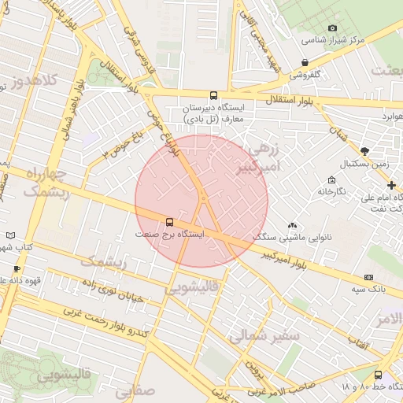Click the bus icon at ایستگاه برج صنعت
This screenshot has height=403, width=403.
(169, 221)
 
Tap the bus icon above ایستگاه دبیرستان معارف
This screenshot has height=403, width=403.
(214, 95)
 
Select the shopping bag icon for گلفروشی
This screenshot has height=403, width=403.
(305, 63)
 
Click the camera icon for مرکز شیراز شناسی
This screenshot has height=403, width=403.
(331, 28)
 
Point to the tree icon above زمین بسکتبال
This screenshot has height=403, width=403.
(364, 151)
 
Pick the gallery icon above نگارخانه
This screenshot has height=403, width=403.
(331, 179)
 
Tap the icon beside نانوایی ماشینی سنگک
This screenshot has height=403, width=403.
(292, 225)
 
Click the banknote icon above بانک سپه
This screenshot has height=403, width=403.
(368, 277)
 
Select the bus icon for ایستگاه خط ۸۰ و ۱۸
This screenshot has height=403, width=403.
(379, 375)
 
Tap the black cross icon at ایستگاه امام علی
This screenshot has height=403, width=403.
(391, 185)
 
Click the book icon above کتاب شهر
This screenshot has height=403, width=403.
(10, 235)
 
